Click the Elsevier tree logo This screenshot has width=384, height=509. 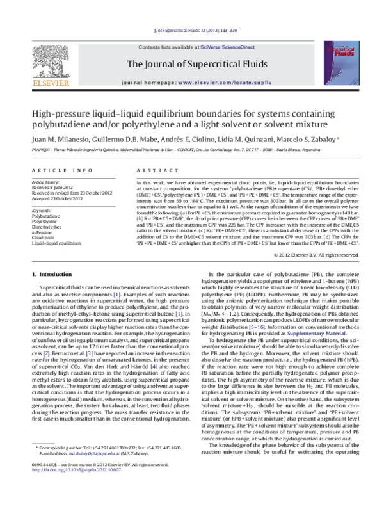click(x=51, y=61)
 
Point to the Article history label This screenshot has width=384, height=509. click(x=47, y=182)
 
